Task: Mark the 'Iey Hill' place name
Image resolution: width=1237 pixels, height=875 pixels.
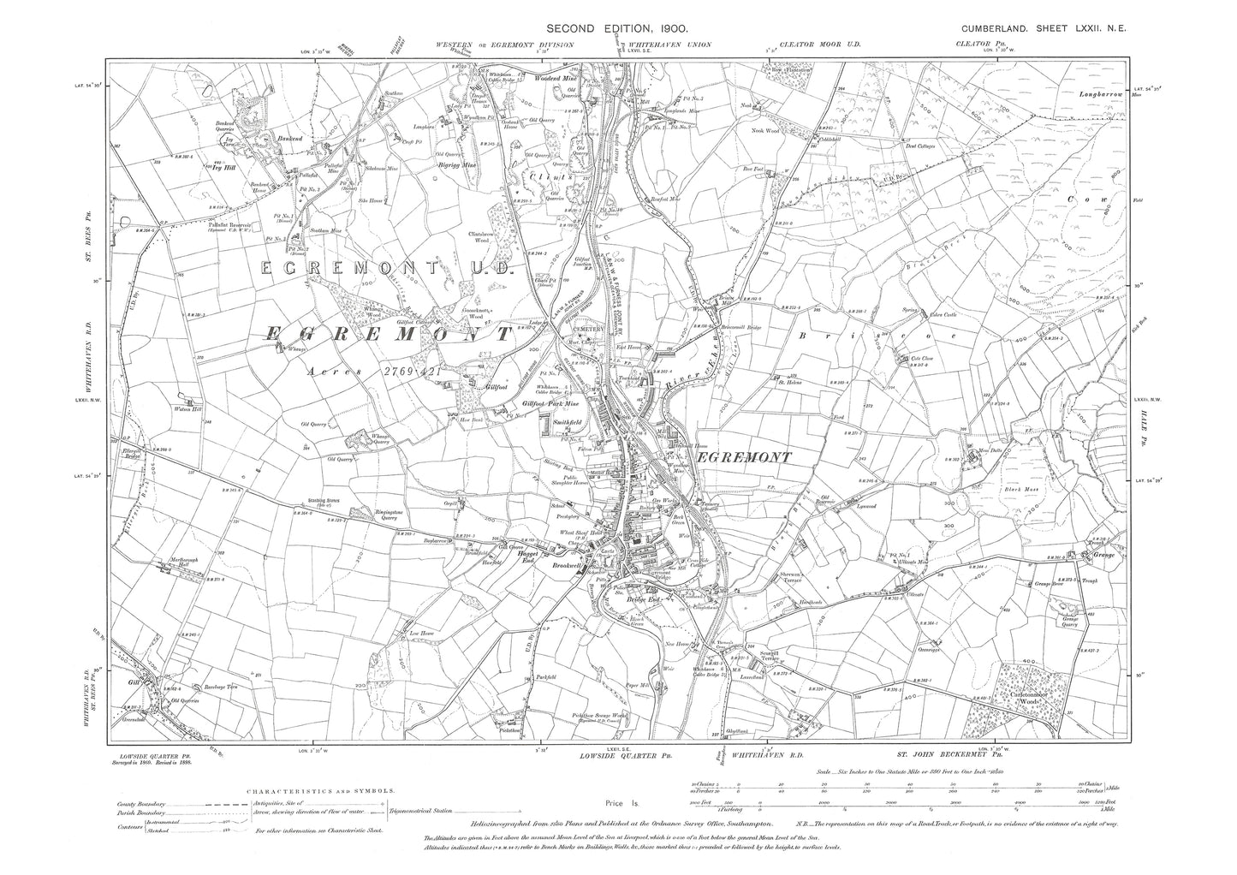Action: pyautogui.click(x=224, y=167)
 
